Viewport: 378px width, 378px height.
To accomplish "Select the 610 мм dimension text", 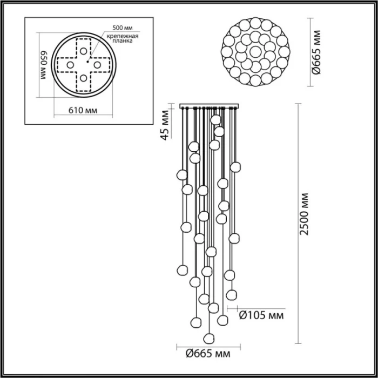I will pyautogui.click(x=84, y=110).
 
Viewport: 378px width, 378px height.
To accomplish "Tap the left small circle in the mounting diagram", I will pyautogui.click(x=70, y=65).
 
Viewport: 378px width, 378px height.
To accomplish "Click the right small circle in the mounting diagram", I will pyautogui.click(x=98, y=65).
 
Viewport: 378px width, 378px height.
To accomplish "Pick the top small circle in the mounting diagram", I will pyautogui.click(x=84, y=50).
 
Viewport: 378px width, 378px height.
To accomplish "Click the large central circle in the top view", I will pyautogui.click(x=254, y=52).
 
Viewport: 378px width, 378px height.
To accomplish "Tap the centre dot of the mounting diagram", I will pyautogui.click(x=84, y=65).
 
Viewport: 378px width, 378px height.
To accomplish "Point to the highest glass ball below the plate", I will pyautogui.click(x=216, y=119).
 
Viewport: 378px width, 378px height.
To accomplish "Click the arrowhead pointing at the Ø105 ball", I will pyautogui.click(x=229, y=309).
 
